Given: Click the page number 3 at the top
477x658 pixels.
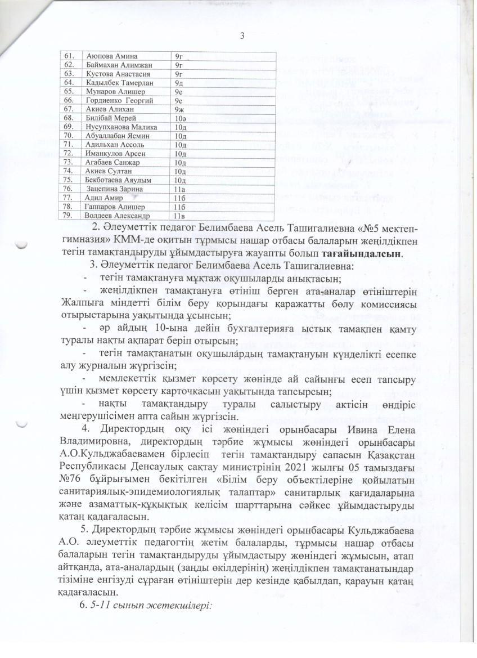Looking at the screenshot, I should (x=242, y=37).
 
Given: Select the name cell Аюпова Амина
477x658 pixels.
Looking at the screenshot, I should (x=111, y=56).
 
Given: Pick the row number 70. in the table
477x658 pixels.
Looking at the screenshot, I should (x=70, y=136).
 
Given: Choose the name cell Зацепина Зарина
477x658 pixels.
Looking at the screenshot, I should (x=114, y=189).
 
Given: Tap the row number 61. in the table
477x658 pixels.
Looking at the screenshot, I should (x=70, y=56).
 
